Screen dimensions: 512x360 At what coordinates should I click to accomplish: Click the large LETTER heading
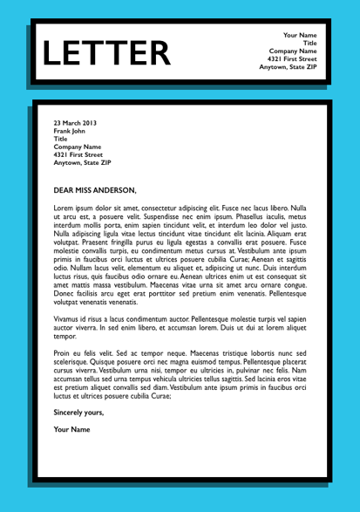[x=107, y=54]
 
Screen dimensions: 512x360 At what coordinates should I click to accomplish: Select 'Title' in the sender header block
[x=309, y=43]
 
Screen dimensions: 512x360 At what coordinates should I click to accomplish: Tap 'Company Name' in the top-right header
[x=293, y=51]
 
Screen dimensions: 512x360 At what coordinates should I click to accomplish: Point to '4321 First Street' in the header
[x=291, y=58]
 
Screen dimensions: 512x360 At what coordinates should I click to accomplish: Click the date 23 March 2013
[x=77, y=123]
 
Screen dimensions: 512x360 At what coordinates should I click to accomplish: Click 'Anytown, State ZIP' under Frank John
[x=82, y=162]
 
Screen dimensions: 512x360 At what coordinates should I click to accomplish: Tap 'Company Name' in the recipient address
[x=78, y=147]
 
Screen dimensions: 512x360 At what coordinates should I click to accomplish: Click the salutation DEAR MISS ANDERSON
[x=95, y=189]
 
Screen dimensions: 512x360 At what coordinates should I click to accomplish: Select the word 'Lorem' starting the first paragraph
[x=64, y=209]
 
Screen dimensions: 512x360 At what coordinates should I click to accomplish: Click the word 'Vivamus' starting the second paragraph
[x=68, y=344]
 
